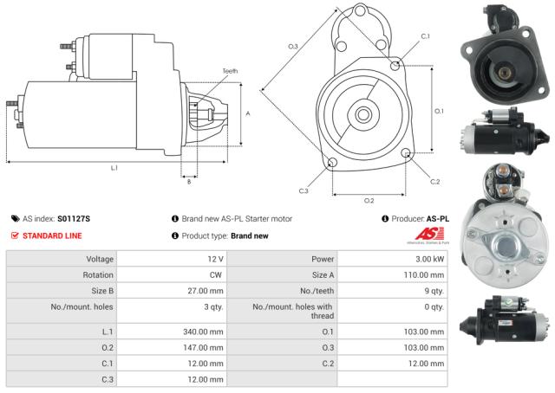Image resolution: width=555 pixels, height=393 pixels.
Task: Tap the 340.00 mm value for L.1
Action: [x=206, y=332]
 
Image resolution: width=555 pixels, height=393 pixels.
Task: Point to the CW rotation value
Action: [x=217, y=274]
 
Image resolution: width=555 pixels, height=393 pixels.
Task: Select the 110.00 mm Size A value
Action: [x=426, y=274]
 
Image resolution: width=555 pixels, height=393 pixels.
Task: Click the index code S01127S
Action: [x=73, y=219]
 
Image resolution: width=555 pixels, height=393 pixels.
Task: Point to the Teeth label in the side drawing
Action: [x=229, y=71]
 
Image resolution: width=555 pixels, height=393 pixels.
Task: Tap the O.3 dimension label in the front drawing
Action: [x=293, y=46]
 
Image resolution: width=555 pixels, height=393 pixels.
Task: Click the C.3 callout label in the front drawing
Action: [x=304, y=190]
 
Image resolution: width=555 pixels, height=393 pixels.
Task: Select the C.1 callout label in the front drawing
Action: [x=425, y=36]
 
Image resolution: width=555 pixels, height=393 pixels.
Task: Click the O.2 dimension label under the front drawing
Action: [x=369, y=200]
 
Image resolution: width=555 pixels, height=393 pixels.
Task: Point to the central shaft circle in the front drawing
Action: [x=364, y=113]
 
